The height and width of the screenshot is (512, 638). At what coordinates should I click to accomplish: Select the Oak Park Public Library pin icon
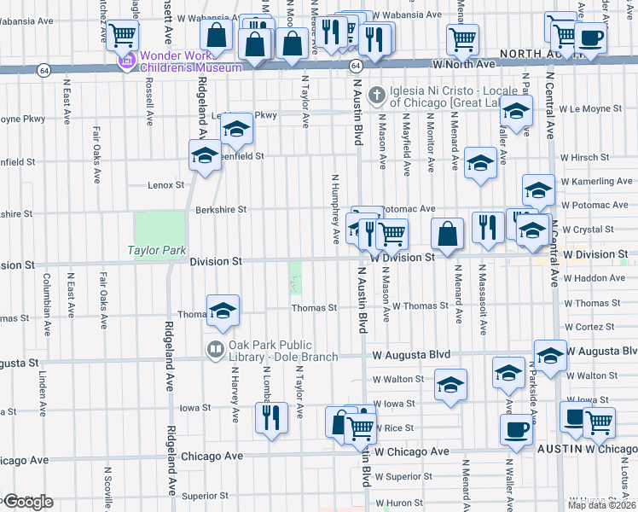[x=214, y=350]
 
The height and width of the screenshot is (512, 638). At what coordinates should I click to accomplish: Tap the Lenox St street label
[x=165, y=184]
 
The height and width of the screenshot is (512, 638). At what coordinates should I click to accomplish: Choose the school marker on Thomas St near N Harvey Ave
[x=223, y=311]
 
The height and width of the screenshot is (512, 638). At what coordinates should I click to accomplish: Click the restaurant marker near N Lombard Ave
[x=271, y=418]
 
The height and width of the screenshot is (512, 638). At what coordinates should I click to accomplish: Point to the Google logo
[x=28, y=501]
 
